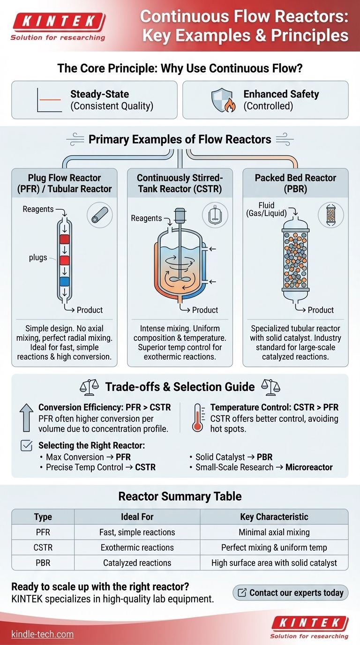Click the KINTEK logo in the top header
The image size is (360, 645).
tap(59, 26)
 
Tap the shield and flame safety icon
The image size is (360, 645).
tap(223, 100)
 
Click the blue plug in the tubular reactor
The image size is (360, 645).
tap(64, 281)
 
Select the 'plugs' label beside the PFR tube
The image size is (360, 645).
tap(37, 257)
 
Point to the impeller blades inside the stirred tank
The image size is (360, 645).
tap(180, 279)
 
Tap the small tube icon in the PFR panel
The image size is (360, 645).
tap(100, 215)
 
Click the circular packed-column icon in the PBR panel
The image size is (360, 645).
tap(330, 215)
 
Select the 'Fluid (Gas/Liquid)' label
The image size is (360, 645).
tap(266, 210)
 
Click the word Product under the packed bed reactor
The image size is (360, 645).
tap(321, 310)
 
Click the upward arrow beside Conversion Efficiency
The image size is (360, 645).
tap(26, 417)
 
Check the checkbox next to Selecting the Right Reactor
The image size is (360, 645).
tap(27, 445)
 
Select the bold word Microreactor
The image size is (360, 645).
tap(309, 467)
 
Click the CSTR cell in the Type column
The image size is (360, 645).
tap(43, 547)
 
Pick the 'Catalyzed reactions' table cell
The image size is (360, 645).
tap(137, 562)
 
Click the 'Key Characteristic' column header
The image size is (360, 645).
tap(274, 517)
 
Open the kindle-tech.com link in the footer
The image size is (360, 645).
tap(42, 634)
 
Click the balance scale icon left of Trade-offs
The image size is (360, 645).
tap(89, 387)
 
